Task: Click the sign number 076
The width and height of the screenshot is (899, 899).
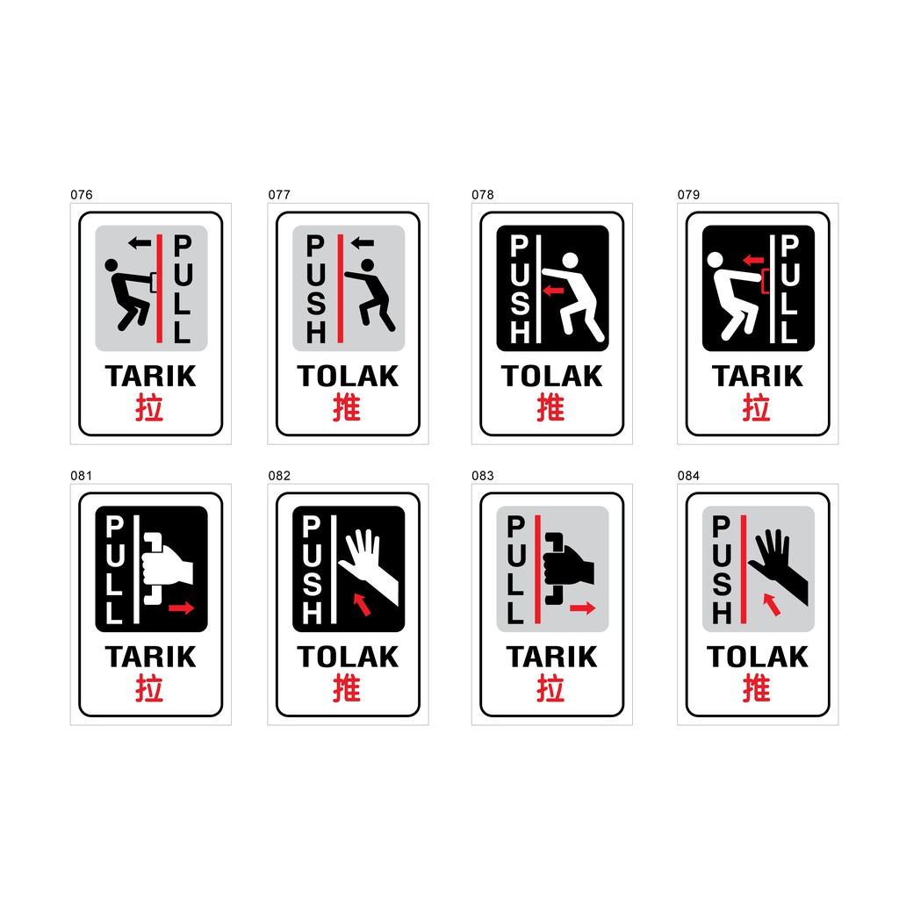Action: [x=81, y=195]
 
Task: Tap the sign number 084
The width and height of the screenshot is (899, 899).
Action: [x=688, y=476]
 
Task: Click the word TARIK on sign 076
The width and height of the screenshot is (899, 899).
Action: [x=150, y=377]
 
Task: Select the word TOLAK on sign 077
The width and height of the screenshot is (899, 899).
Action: [x=348, y=377]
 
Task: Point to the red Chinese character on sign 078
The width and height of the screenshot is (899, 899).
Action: [x=550, y=407]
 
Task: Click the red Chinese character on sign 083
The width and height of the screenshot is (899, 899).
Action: [x=550, y=688]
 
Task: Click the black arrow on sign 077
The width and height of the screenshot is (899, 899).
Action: [x=362, y=242]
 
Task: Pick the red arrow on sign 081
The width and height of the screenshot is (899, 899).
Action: [x=181, y=608]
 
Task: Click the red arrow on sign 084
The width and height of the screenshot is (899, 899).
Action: [x=772, y=604]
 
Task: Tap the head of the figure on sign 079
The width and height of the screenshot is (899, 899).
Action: [x=715, y=259]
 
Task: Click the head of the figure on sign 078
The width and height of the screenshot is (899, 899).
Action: [x=571, y=260]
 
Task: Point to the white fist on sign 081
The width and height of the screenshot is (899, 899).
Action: [x=170, y=565]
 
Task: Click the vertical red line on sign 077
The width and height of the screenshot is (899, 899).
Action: [x=339, y=287]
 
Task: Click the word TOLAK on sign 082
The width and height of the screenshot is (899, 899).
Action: [x=348, y=658]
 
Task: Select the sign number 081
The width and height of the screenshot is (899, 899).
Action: [x=81, y=476]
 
